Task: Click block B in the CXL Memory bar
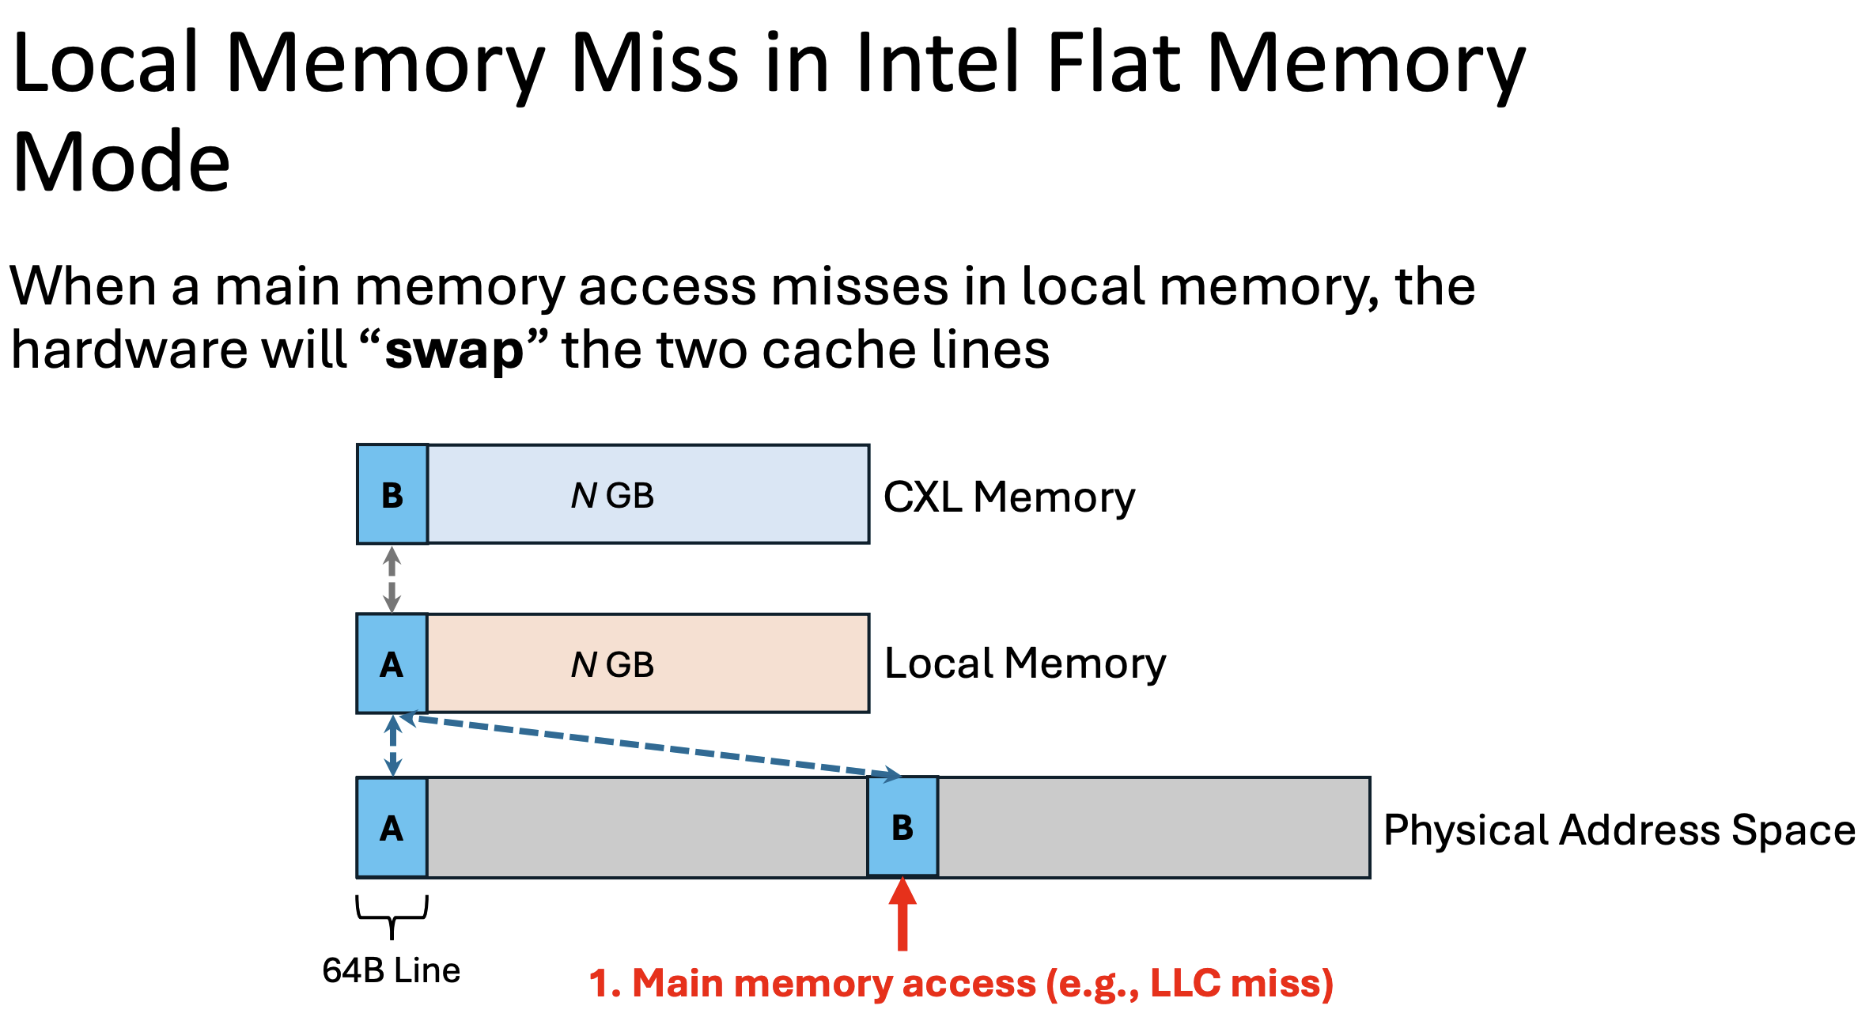click(x=392, y=494)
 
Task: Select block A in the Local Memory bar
click(x=392, y=664)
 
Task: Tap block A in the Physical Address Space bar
click(x=392, y=828)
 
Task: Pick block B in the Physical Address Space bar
click(x=902, y=827)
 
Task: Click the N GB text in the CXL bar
click(x=612, y=496)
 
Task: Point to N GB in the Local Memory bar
click(x=612, y=665)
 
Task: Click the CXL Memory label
click(x=1009, y=497)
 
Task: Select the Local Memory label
click(x=1025, y=664)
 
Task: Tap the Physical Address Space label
click(x=1619, y=831)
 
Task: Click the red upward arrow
click(x=902, y=913)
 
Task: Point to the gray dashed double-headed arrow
click(x=392, y=580)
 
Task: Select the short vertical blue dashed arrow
click(x=393, y=746)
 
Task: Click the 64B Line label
click(x=392, y=970)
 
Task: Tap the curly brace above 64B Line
click(x=392, y=917)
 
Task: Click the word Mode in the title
click(x=122, y=162)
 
